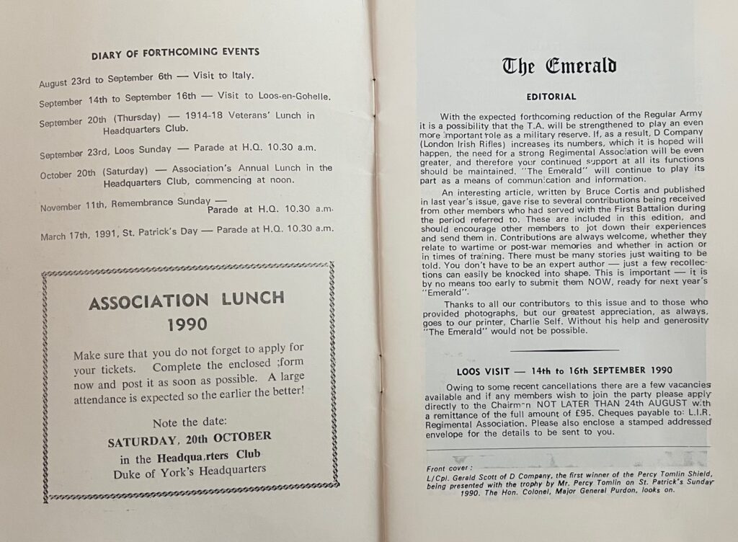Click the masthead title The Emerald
(559, 67)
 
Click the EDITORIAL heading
(551, 97)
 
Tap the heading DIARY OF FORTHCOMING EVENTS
(175, 52)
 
